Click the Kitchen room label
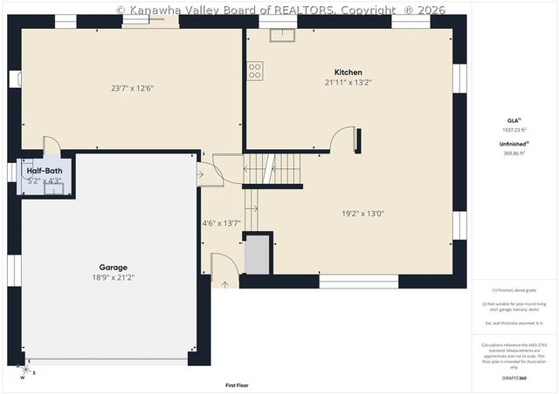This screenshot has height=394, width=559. coord(348,72)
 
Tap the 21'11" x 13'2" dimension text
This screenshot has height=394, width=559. coord(348,83)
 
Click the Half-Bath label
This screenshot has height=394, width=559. coord(44,171)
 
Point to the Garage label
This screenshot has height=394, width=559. coord(113,268)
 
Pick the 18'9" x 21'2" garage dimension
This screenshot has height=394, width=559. coord(113,277)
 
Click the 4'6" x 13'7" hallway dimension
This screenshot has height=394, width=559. coord(222,222)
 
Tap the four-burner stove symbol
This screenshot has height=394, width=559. coord(255,71)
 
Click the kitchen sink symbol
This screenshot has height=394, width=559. coord(282,35)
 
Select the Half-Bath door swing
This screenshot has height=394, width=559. coord(52,146)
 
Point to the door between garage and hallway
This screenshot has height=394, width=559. coord(206,173)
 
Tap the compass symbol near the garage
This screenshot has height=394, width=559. coord(26,370)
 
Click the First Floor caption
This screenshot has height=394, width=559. coord(237,384)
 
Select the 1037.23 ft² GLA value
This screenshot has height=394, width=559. coord(514,129)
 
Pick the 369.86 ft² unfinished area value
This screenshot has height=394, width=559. coord(514,153)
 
